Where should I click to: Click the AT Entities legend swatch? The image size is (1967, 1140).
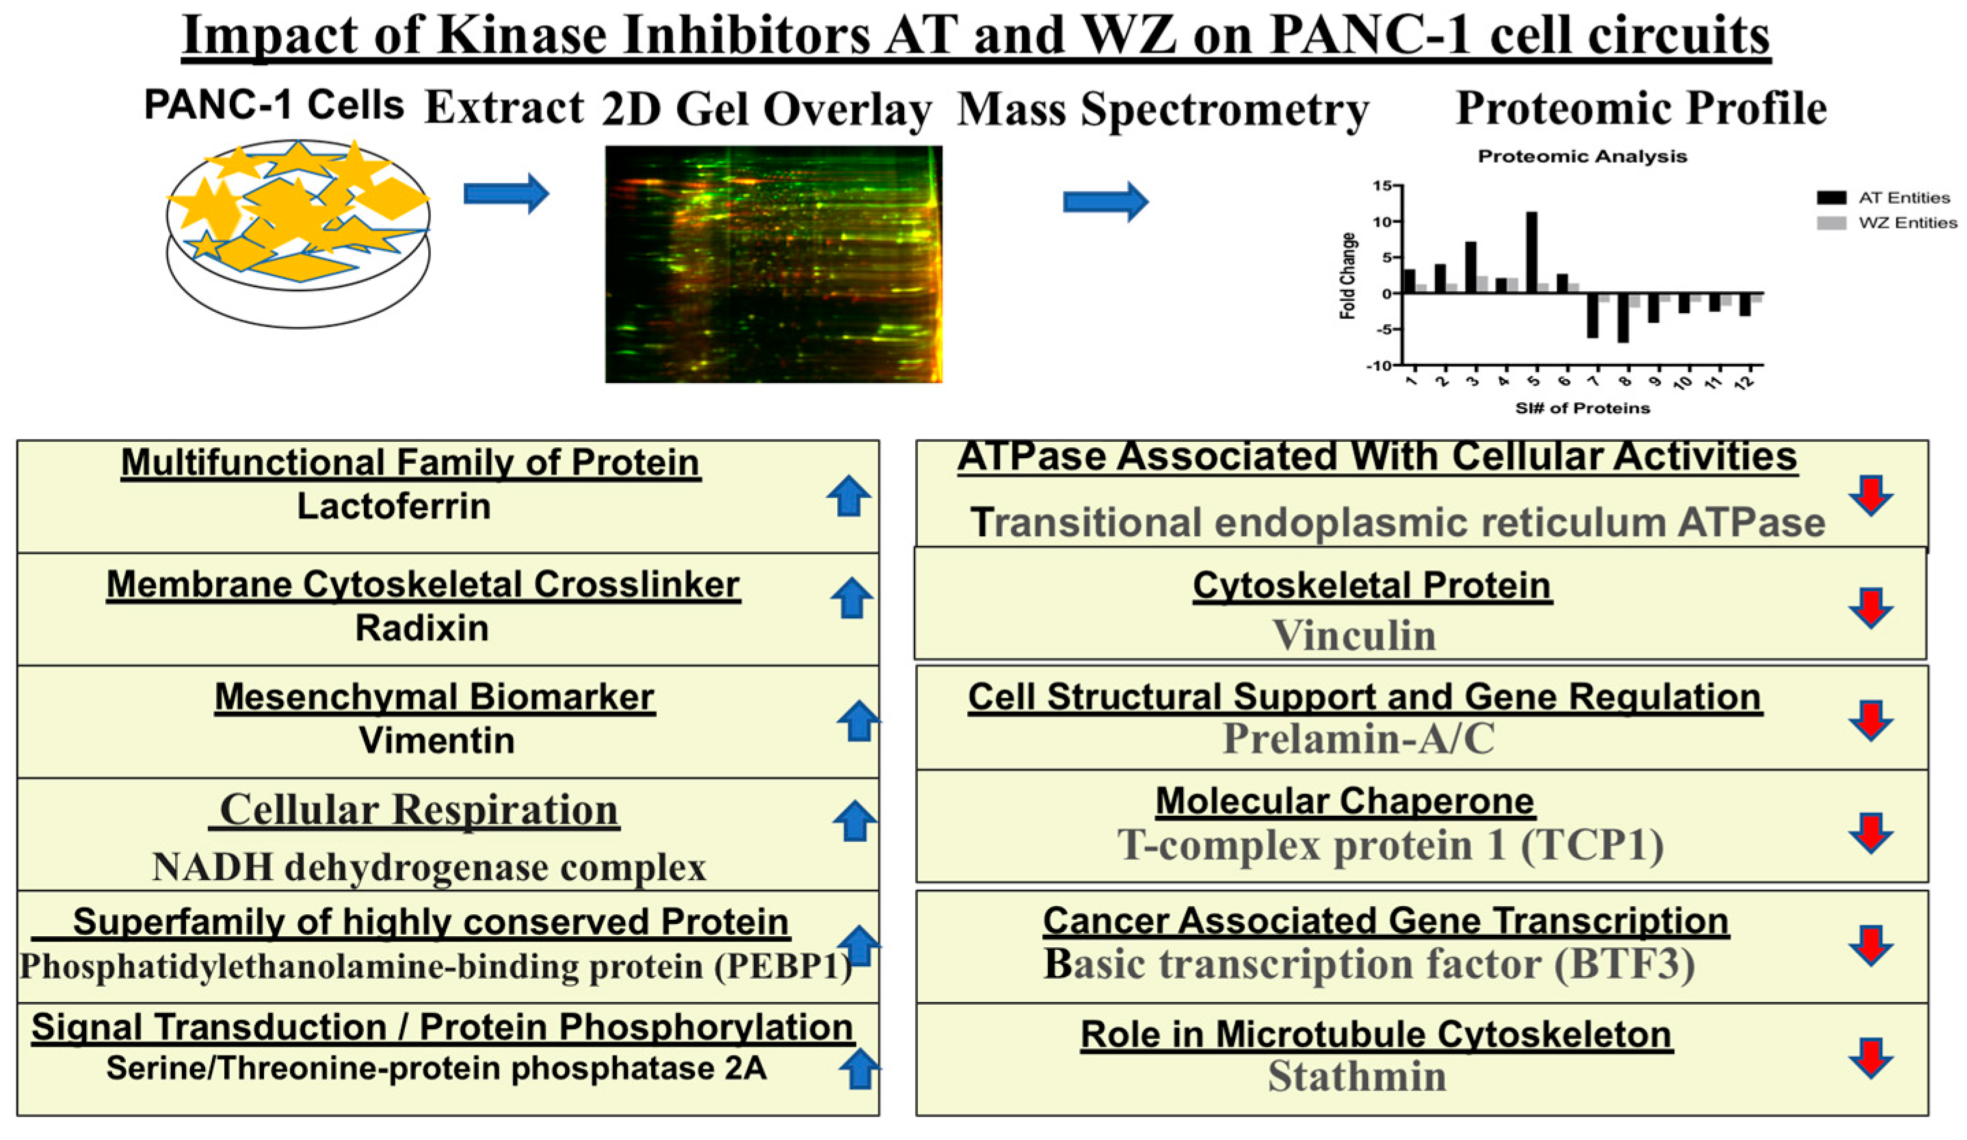1830,198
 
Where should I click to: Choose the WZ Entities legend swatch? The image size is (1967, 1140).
1830,223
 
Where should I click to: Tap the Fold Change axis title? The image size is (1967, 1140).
1348,276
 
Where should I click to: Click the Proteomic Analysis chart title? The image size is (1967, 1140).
1582,156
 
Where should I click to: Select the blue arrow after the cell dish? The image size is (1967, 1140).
506,193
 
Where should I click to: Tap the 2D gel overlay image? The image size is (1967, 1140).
774,264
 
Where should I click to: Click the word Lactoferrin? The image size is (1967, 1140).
394,507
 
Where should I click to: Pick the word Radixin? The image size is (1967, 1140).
422,628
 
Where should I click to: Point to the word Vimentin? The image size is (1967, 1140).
436,741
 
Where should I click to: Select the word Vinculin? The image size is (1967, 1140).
1354,635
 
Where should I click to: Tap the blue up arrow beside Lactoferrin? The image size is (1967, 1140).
849,496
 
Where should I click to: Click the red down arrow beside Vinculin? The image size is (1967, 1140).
1871,608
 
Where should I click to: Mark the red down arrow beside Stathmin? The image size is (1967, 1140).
1871,1058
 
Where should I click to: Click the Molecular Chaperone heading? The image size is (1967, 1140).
1345,801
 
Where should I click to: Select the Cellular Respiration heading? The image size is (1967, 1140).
419,809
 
